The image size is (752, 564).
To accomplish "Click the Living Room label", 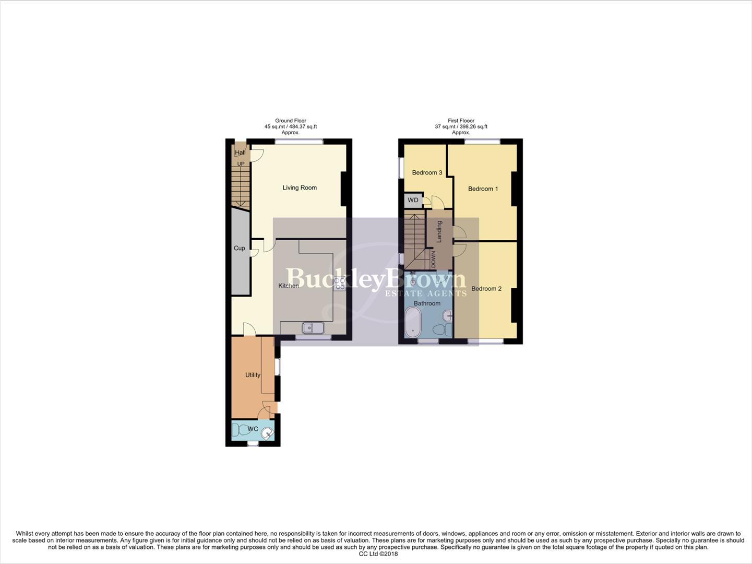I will [x=300, y=187].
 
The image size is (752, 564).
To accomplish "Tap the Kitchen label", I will [x=289, y=286].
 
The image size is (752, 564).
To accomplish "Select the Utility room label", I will [x=253, y=375].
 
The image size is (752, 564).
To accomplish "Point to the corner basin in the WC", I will [x=268, y=433].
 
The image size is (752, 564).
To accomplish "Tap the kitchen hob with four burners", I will [x=339, y=284].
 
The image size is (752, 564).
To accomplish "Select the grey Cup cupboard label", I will [x=240, y=248].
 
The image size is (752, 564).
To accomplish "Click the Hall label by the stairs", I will [x=240, y=152].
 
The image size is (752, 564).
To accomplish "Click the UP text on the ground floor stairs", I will [x=241, y=164].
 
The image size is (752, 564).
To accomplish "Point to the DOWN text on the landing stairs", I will [x=433, y=259].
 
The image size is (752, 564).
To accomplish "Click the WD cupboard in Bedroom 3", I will [x=413, y=200].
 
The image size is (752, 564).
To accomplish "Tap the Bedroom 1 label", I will [x=483, y=189].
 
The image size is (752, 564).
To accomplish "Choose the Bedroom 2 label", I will [x=486, y=289].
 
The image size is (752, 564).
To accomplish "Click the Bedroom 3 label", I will [x=427, y=173].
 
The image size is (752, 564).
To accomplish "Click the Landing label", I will [x=439, y=231].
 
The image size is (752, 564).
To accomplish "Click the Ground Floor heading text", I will [x=291, y=121].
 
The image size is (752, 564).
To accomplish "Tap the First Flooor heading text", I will [x=461, y=121].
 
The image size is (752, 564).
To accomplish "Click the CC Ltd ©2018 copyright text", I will [x=378, y=554].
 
